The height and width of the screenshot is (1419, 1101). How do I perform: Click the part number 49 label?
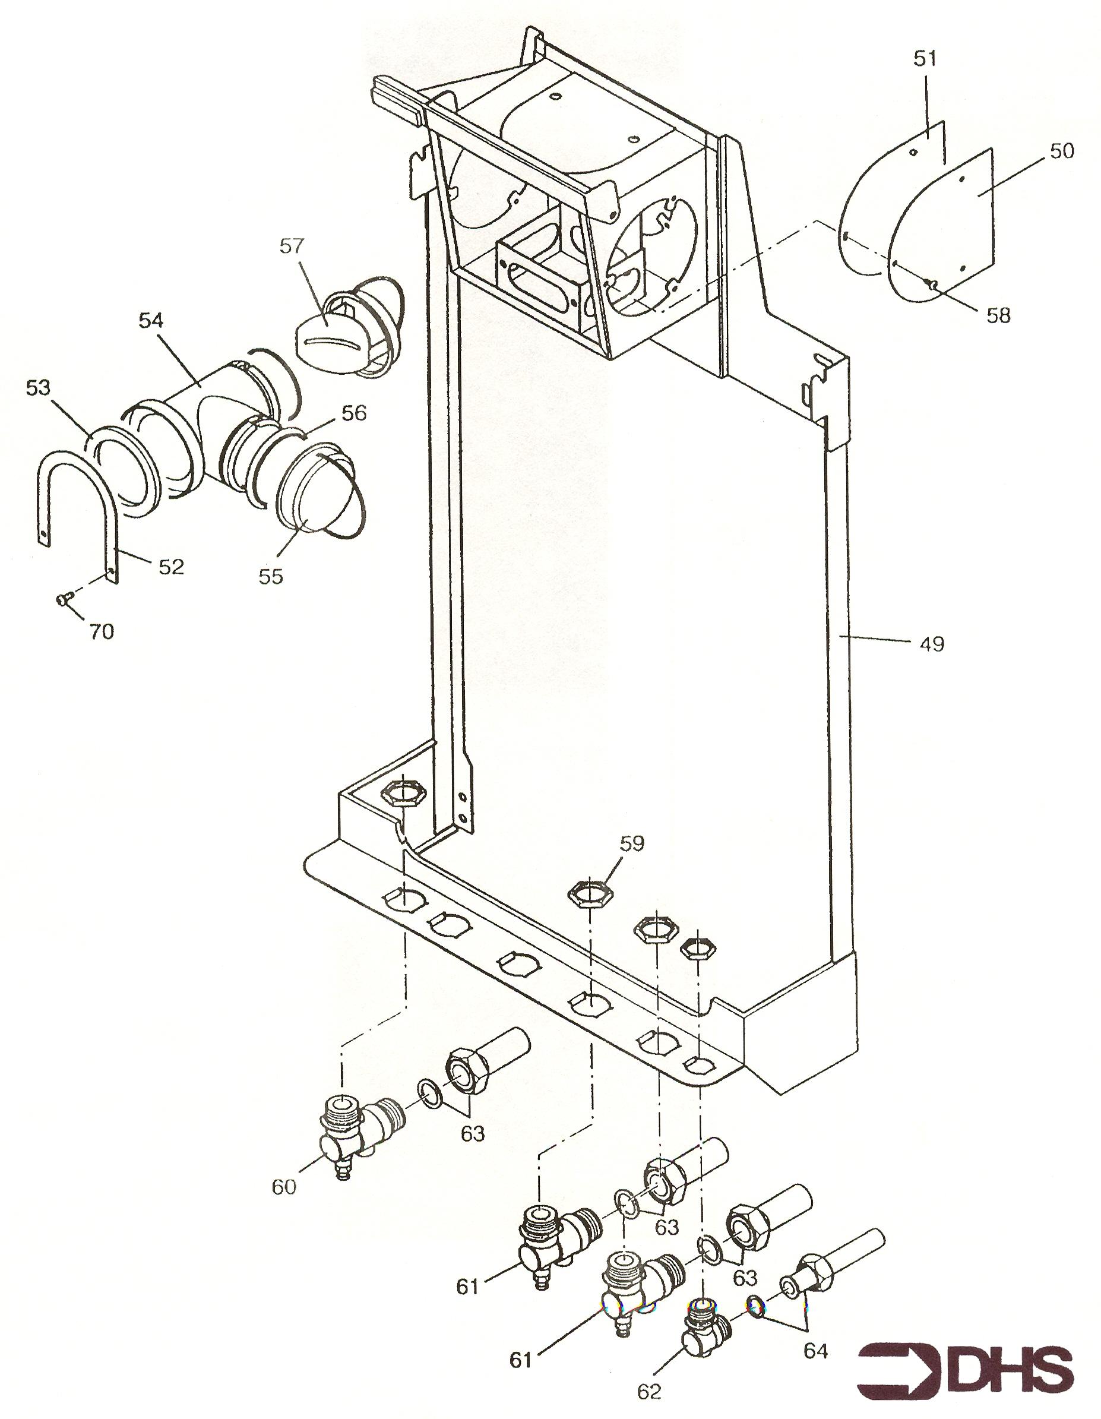click(x=932, y=644)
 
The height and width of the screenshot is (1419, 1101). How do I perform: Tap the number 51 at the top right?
click(x=925, y=58)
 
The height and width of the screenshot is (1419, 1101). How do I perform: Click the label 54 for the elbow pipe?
click(x=151, y=320)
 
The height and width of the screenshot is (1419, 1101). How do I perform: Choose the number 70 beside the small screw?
click(x=101, y=631)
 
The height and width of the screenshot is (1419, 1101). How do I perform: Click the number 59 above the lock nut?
click(x=631, y=843)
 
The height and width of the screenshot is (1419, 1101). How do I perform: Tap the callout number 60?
click(x=284, y=1187)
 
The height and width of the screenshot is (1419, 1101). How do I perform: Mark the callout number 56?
click(x=353, y=413)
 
